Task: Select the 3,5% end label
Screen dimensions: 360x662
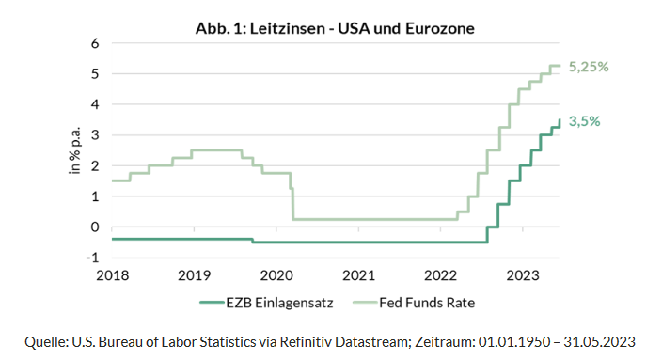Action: (584, 121)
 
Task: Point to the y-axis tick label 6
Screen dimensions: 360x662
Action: (94, 44)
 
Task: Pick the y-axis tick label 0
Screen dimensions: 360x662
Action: (94, 227)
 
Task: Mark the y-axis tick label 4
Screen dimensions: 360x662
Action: (94, 105)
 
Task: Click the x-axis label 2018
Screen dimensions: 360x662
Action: (111, 276)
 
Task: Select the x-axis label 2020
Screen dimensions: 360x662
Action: (276, 276)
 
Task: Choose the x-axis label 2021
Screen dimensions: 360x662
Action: (358, 276)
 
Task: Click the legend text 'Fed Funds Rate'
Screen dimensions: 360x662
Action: (425, 303)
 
